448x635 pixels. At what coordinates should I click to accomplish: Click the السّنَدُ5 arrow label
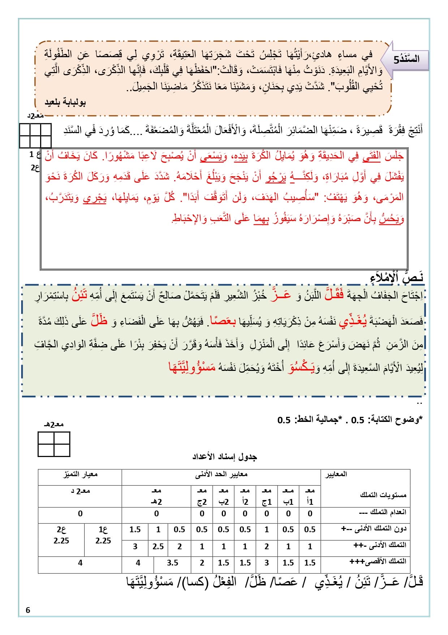coord(408,59)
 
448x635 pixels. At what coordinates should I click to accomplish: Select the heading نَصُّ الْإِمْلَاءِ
coord(397,278)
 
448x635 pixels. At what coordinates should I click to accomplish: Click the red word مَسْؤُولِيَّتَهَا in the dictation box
coord(192,368)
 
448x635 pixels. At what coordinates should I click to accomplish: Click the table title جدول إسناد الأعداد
coord(224,457)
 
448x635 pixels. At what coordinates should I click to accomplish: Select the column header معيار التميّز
coord(80,474)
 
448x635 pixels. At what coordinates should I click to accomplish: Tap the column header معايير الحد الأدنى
coord(221,474)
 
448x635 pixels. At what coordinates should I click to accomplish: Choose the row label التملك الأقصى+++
coord(378,562)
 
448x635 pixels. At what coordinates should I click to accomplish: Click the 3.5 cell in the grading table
coord(172,563)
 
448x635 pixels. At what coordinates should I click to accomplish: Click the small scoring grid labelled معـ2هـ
coord(54,444)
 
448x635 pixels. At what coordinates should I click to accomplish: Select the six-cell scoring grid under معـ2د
coord(35,135)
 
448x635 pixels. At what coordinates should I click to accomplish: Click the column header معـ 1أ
coord(310,496)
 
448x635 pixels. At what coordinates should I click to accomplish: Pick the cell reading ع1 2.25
coord(103,535)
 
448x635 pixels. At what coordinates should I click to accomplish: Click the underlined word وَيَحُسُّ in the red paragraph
coord(391,219)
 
